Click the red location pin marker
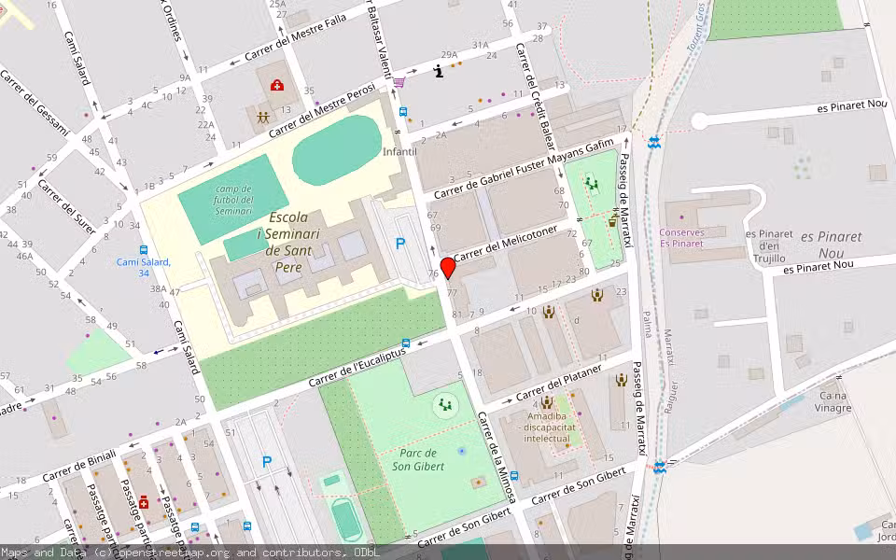tap(448, 268)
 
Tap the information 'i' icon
tap(439, 71)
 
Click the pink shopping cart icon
tap(399, 83)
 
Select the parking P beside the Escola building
tap(400, 245)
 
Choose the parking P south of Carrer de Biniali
tap(267, 461)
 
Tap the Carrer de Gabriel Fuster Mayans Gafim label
tap(525, 168)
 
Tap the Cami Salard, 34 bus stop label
tap(144, 267)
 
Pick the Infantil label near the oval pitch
tap(399, 151)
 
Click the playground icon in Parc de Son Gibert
tap(445, 405)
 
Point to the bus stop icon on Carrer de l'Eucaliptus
tap(405, 343)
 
